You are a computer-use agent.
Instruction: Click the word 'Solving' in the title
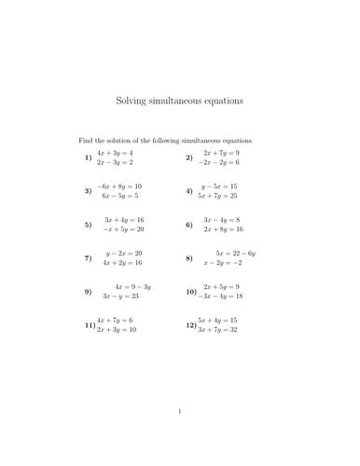pyautogui.click(x=133, y=100)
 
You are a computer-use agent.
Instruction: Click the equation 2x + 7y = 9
pyautogui.click(x=221, y=153)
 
